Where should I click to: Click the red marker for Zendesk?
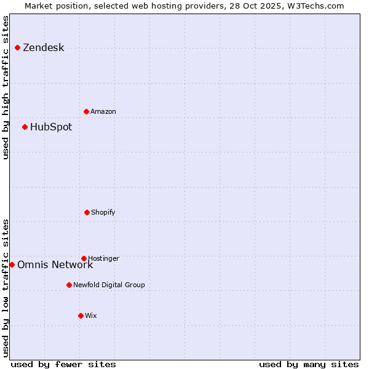point(17,47)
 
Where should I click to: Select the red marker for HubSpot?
point(25,127)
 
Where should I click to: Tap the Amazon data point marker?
point(86,111)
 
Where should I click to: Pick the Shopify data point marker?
point(87,212)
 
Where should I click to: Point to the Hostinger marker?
point(84,258)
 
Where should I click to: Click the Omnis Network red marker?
point(12,264)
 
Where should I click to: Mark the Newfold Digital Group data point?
point(69,285)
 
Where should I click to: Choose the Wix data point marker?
point(81,315)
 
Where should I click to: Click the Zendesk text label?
point(43,48)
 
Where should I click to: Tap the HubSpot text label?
point(51,127)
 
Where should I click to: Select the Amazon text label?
point(103,112)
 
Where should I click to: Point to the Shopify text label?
point(103,213)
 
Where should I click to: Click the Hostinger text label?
point(103,258)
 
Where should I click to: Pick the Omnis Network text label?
point(55,265)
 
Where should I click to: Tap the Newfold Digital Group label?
point(109,285)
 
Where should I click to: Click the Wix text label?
point(91,316)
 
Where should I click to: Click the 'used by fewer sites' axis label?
point(63,364)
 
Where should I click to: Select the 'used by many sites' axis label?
point(309,364)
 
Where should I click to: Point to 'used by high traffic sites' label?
point(6,87)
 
